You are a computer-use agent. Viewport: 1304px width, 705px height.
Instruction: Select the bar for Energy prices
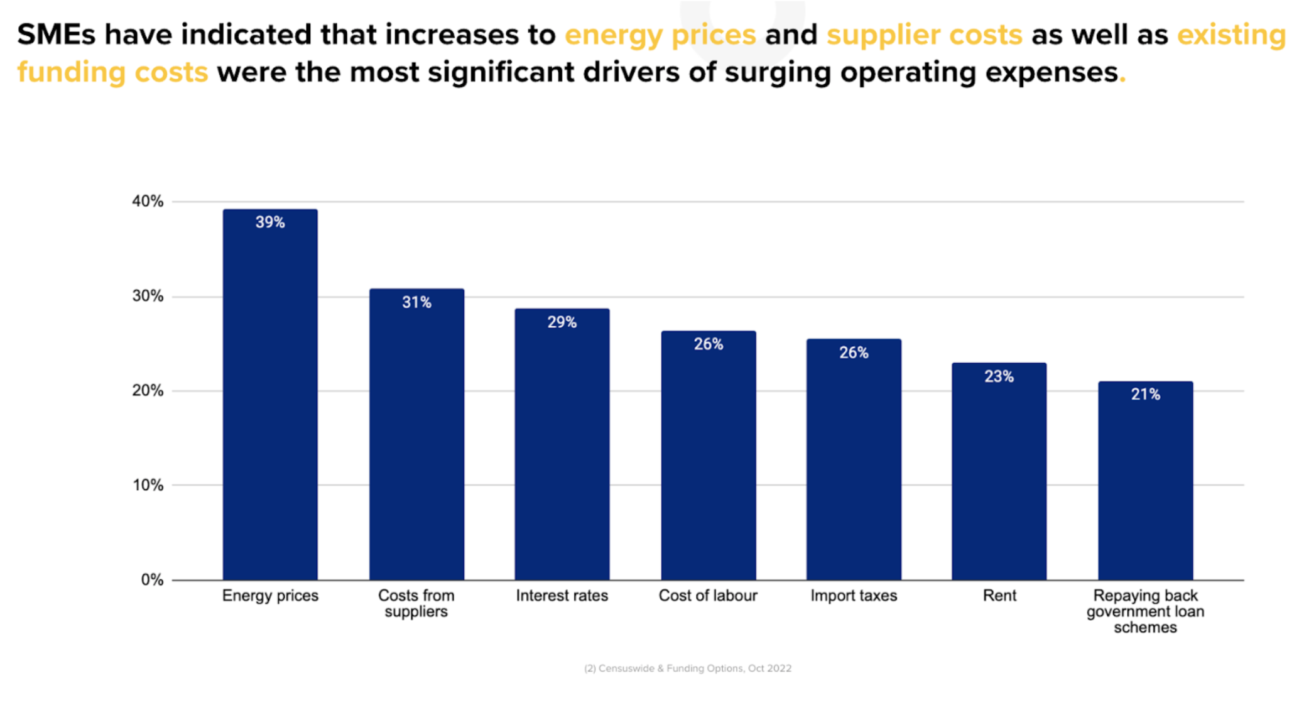[x=270, y=402]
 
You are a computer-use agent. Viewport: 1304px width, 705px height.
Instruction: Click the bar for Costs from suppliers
[x=416, y=440]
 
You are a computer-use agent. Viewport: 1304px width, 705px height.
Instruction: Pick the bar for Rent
[x=999, y=478]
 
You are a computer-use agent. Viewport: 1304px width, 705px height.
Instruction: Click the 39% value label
[x=270, y=222]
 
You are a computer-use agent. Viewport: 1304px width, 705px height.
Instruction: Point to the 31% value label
[x=416, y=302]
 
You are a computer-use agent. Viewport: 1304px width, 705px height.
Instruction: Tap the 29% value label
[x=562, y=322]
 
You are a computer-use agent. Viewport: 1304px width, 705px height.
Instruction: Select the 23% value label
[x=999, y=376]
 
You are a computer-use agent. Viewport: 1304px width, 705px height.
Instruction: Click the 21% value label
[x=1145, y=395]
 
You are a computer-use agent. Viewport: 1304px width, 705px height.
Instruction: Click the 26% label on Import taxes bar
[x=854, y=353]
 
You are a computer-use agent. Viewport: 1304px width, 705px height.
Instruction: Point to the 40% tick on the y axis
[x=148, y=202]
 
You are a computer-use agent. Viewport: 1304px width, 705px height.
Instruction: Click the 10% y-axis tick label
[x=148, y=485]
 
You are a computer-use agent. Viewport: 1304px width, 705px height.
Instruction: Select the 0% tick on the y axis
[x=152, y=580]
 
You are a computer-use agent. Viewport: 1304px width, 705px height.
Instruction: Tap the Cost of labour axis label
[x=708, y=596]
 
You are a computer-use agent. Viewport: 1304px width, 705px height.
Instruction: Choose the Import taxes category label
[x=854, y=596]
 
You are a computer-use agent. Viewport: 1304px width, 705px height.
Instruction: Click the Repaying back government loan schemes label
[x=1145, y=611]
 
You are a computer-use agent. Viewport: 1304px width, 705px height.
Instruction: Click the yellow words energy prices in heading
[x=660, y=35]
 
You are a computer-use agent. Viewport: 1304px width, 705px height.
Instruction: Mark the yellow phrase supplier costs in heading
[x=924, y=35]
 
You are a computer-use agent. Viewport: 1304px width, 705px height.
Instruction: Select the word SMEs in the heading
[x=56, y=35]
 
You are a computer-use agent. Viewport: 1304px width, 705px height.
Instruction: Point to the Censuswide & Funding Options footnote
[x=688, y=669]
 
